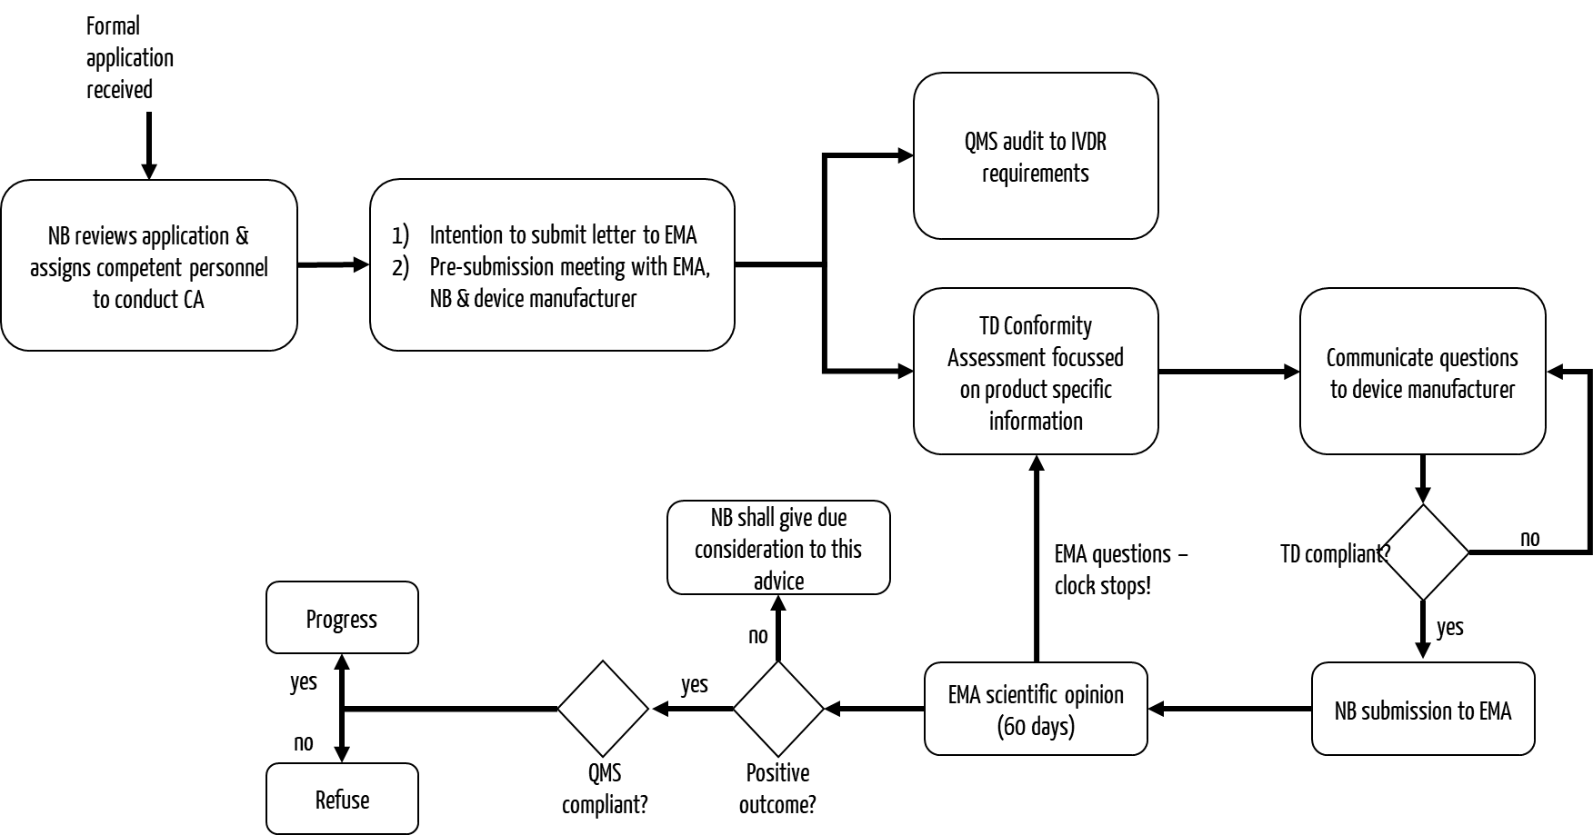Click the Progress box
342,618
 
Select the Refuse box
342,799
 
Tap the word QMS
981,143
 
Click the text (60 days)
1036,727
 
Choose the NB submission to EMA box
1423,710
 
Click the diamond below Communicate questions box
1423,552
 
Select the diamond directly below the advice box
778,709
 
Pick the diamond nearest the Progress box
603,709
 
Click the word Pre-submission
491,267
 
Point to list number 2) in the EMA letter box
401,267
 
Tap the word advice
778,582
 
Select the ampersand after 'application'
242,236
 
